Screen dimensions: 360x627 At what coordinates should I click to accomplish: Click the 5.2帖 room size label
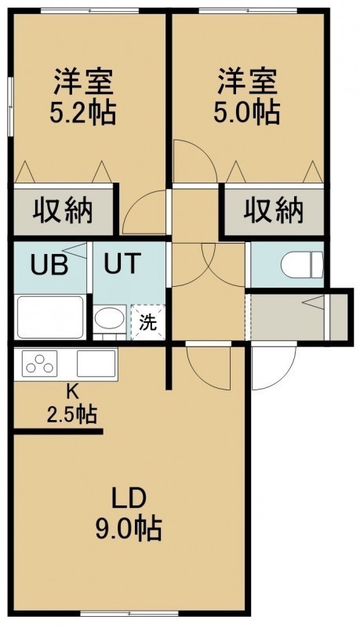pyautogui.click(x=82, y=112)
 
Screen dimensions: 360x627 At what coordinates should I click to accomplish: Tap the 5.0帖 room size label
pyautogui.click(x=246, y=112)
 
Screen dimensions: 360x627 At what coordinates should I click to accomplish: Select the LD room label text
pyautogui.click(x=129, y=499)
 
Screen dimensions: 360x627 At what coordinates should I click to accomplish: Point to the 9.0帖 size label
pyautogui.click(x=129, y=528)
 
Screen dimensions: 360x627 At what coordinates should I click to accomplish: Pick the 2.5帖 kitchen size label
pyautogui.click(x=72, y=414)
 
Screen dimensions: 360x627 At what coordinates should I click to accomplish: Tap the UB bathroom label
pyautogui.click(x=49, y=264)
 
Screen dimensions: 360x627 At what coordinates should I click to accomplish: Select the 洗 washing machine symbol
pyautogui.click(x=148, y=322)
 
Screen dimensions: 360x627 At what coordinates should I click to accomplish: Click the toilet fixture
pyautogui.click(x=302, y=264)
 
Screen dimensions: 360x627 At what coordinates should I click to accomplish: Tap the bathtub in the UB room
pyautogui.click(x=50, y=317)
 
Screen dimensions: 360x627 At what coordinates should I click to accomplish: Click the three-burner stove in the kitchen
pyautogui.click(x=39, y=363)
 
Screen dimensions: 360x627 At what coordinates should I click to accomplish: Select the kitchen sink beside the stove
pyautogui.click(x=96, y=363)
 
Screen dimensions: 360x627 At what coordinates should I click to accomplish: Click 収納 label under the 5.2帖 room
pyautogui.click(x=63, y=209)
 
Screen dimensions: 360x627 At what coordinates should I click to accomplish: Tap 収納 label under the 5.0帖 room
pyautogui.click(x=274, y=209)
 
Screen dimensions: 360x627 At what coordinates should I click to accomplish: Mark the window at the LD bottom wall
pyautogui.click(x=129, y=613)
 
